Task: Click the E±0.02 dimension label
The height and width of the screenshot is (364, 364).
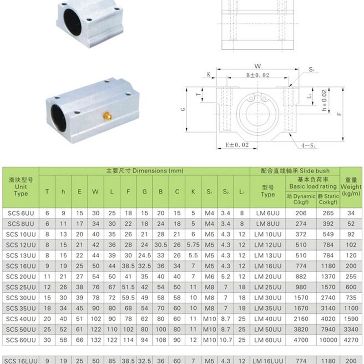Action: pos(237,145)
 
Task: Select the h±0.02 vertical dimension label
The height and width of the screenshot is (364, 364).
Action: pos(324,101)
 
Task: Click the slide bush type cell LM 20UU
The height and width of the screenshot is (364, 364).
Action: pos(268,276)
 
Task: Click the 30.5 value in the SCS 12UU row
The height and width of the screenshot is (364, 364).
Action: pos(160,245)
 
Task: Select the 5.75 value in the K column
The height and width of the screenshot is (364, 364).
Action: pos(193,245)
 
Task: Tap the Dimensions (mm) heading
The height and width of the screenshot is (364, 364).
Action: pos(144,171)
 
